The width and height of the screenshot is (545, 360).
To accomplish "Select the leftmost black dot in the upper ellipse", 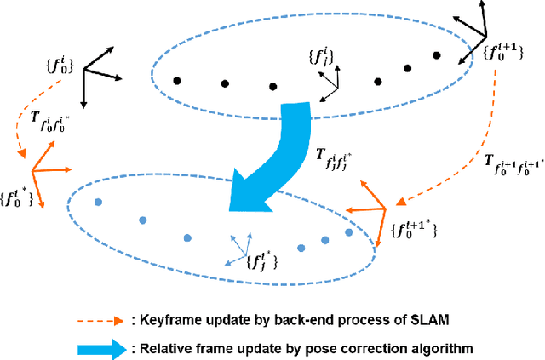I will [x=176, y=82].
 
